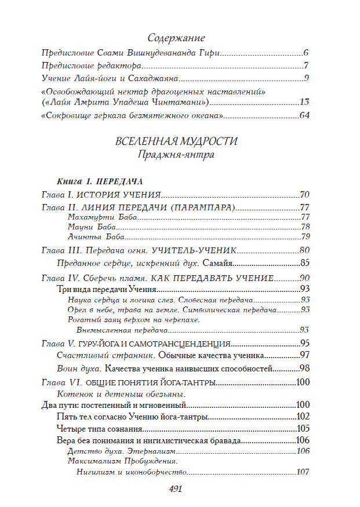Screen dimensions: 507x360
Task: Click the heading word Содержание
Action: pyautogui.click(x=176, y=38)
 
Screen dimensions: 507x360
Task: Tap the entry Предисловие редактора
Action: pyautogui.click(x=88, y=65)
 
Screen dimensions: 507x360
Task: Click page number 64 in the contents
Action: pyautogui.click(x=305, y=115)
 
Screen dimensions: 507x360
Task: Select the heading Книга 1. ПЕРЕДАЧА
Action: pyautogui.click(x=100, y=181)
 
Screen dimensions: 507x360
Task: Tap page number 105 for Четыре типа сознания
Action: pyautogui.click(x=303, y=429)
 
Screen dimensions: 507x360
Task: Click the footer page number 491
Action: pyautogui.click(x=176, y=488)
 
